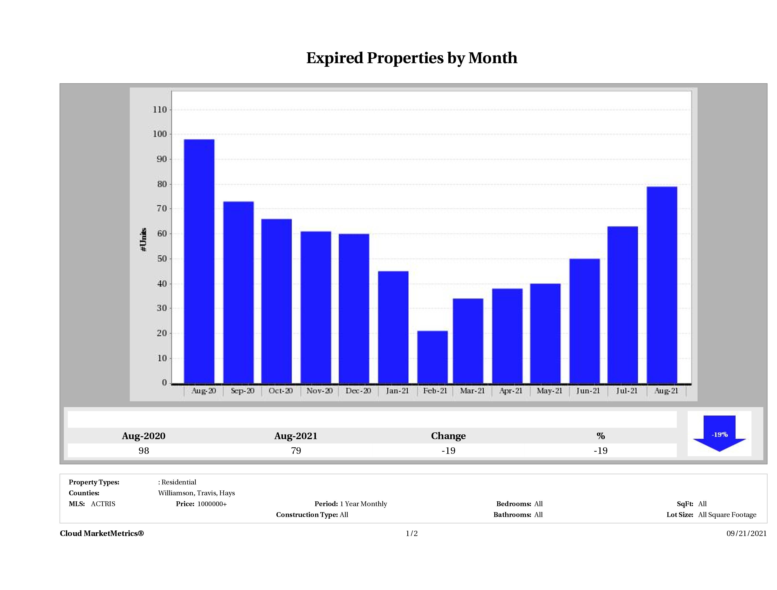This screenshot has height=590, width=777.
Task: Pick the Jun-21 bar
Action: pyautogui.click(x=585, y=321)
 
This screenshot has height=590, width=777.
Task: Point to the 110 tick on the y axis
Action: pyautogui.click(x=160, y=110)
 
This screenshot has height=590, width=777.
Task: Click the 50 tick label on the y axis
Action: pyautogui.click(x=162, y=259)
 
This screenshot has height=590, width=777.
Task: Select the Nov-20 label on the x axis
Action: pyautogui.click(x=319, y=391)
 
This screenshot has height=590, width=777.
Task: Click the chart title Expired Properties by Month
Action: pyautogui.click(x=412, y=58)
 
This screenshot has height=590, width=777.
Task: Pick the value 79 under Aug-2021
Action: pyautogui.click(x=296, y=451)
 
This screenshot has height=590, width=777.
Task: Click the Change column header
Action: pyautogui.click(x=448, y=436)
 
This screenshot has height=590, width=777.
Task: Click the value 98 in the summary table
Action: pyautogui.click(x=144, y=451)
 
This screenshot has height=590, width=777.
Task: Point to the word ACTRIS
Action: pyautogui.click(x=103, y=504)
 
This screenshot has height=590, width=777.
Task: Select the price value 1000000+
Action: pyautogui.click(x=212, y=504)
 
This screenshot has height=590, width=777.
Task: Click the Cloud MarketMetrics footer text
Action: pyautogui.click(x=102, y=533)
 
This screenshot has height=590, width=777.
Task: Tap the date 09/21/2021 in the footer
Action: pyautogui.click(x=746, y=533)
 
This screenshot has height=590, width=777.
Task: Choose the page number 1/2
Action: pyautogui.click(x=412, y=533)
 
